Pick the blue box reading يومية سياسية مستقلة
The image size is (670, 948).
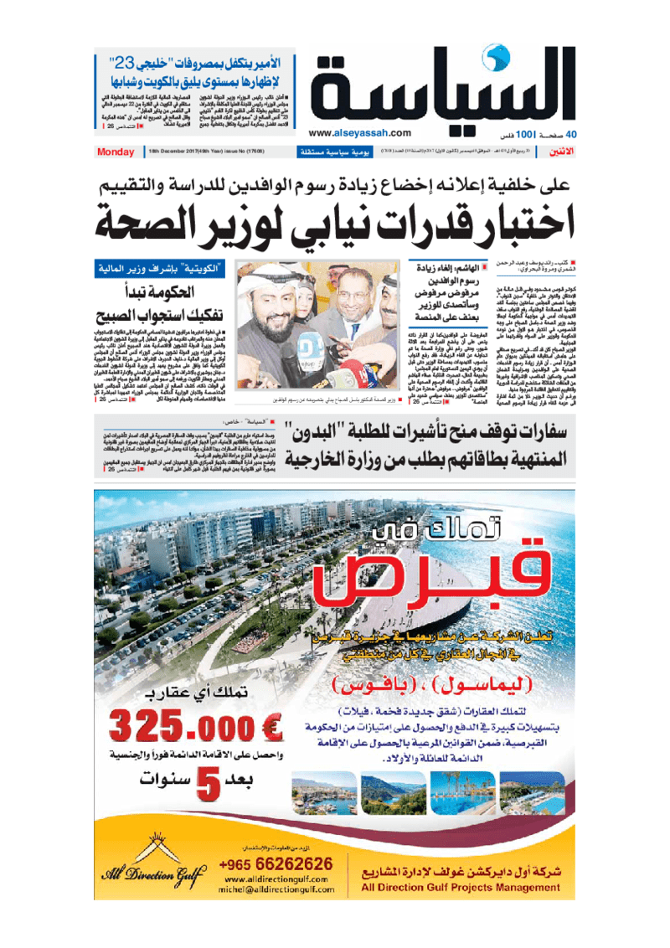[329, 153]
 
